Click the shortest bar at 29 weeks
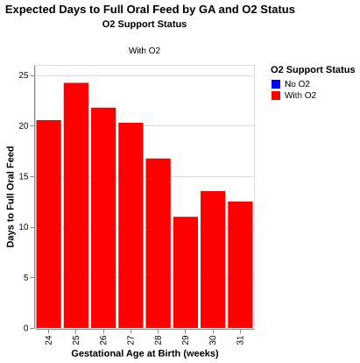186,272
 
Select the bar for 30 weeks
213,260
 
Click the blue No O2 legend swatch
276,84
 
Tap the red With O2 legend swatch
276,96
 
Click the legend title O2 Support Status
313,69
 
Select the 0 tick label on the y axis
26,328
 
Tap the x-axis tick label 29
186,338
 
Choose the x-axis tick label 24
49,338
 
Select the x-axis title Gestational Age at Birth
145,353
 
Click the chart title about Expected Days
150,9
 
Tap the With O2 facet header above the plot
145,51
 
